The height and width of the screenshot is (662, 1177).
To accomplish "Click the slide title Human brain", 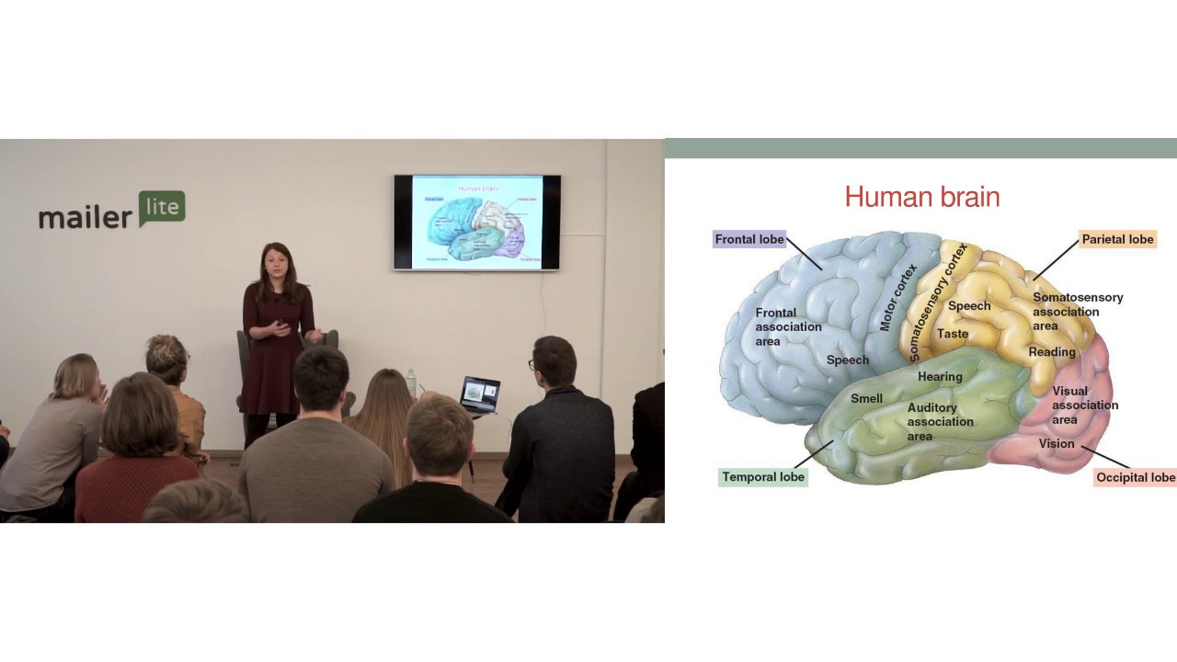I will (921, 197).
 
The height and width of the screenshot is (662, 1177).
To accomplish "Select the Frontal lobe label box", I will (749, 239).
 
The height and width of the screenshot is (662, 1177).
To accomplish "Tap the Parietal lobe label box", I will (1117, 239).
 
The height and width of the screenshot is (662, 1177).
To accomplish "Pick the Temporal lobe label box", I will (763, 477).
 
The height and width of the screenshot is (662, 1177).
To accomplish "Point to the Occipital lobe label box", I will (1136, 477).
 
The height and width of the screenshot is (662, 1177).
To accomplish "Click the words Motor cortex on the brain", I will (898, 297).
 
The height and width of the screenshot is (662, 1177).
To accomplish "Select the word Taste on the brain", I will (952, 334).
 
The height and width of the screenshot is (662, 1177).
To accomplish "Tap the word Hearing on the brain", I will (940, 376).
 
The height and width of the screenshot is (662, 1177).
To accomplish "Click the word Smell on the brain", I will (866, 399).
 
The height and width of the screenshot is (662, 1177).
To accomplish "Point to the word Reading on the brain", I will (1052, 352).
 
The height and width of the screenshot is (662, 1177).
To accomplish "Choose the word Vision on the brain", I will (1057, 443).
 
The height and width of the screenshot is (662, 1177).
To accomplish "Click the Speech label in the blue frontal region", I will (847, 360).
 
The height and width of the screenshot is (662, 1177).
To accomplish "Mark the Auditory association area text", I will (940, 422).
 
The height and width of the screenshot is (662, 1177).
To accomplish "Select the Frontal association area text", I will (788, 327).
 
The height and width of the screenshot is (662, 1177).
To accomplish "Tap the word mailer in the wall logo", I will (86, 217).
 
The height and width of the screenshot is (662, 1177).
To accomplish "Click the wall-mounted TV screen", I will (476, 223).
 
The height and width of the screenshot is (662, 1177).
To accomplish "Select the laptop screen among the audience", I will (480, 394).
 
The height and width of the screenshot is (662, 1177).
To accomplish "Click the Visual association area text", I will (1085, 405).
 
